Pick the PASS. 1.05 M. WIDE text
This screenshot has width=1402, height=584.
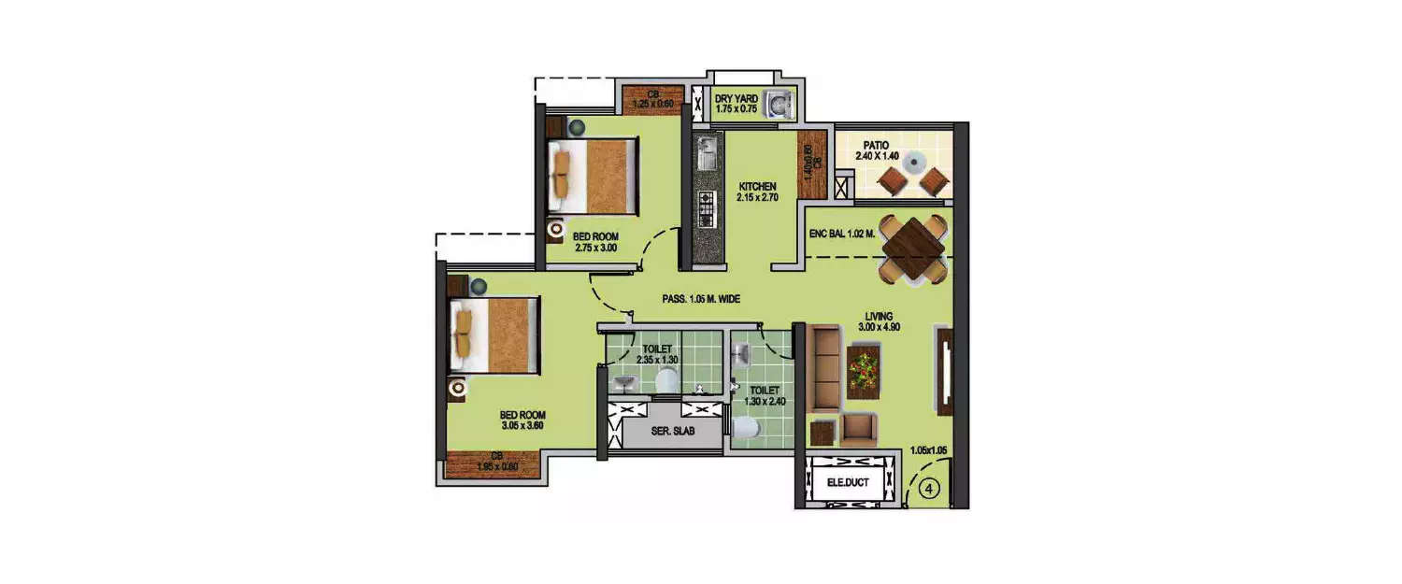click(x=701, y=300)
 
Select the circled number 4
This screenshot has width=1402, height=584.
click(x=931, y=488)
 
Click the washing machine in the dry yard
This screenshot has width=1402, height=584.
click(x=778, y=104)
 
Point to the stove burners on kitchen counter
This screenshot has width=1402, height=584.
click(x=707, y=209)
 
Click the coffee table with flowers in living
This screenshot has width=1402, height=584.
click(x=864, y=371)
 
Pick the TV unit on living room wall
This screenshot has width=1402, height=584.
click(x=943, y=369)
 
